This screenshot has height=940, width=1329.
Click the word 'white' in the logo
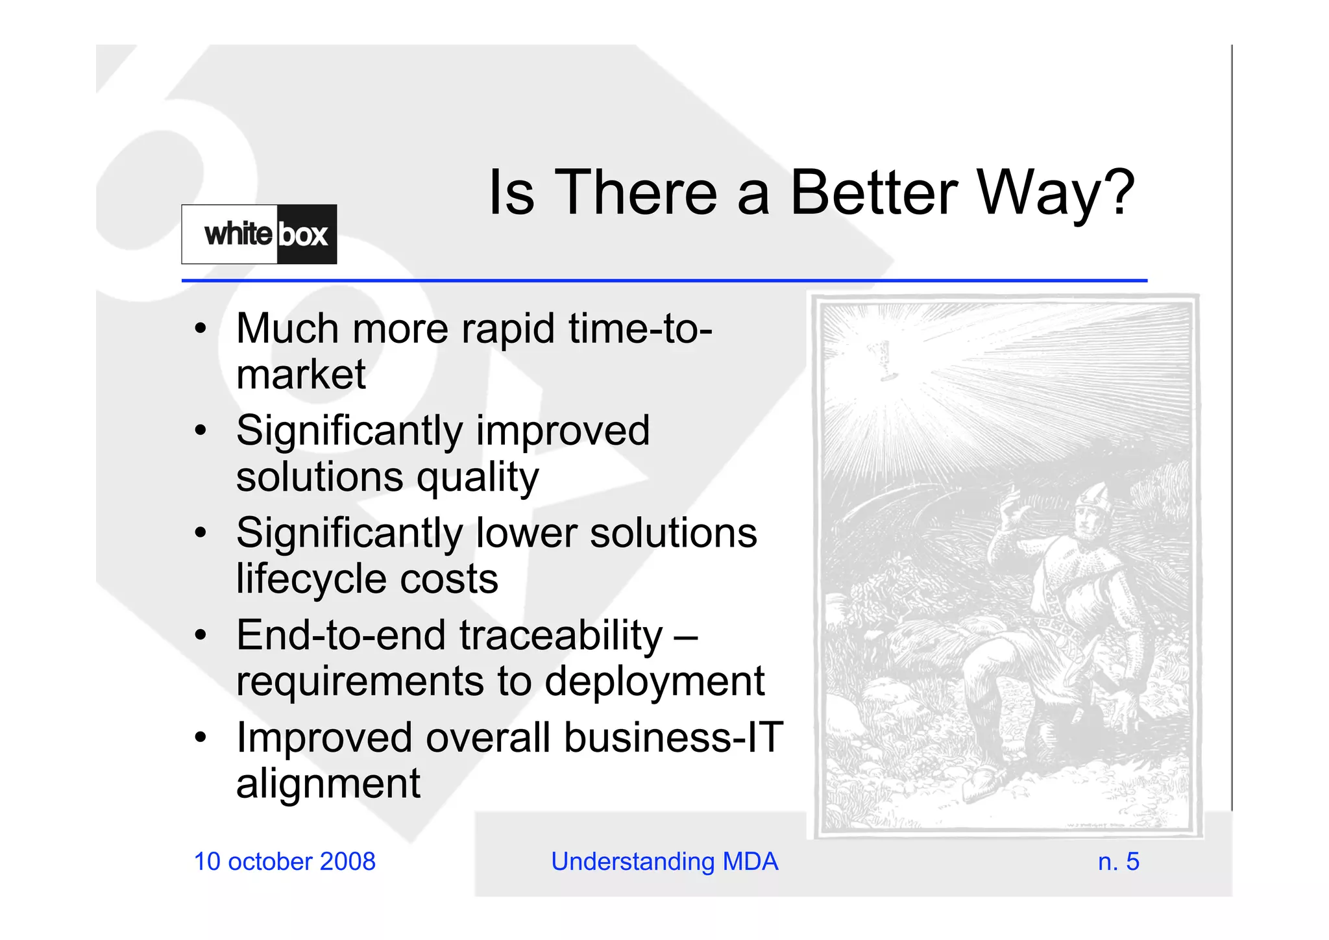pos(238,234)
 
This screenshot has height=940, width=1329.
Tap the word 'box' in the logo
pos(303,235)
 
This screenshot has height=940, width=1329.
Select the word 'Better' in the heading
pos(873,193)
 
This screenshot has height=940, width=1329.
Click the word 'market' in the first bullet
pos(301,375)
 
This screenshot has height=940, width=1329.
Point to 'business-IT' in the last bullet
pos(674,738)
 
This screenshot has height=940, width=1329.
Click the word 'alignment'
pos(328,784)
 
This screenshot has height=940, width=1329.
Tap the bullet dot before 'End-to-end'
pos(201,634)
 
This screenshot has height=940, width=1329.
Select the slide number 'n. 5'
pos(1118,862)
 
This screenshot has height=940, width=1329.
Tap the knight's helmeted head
pos(1090,513)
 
